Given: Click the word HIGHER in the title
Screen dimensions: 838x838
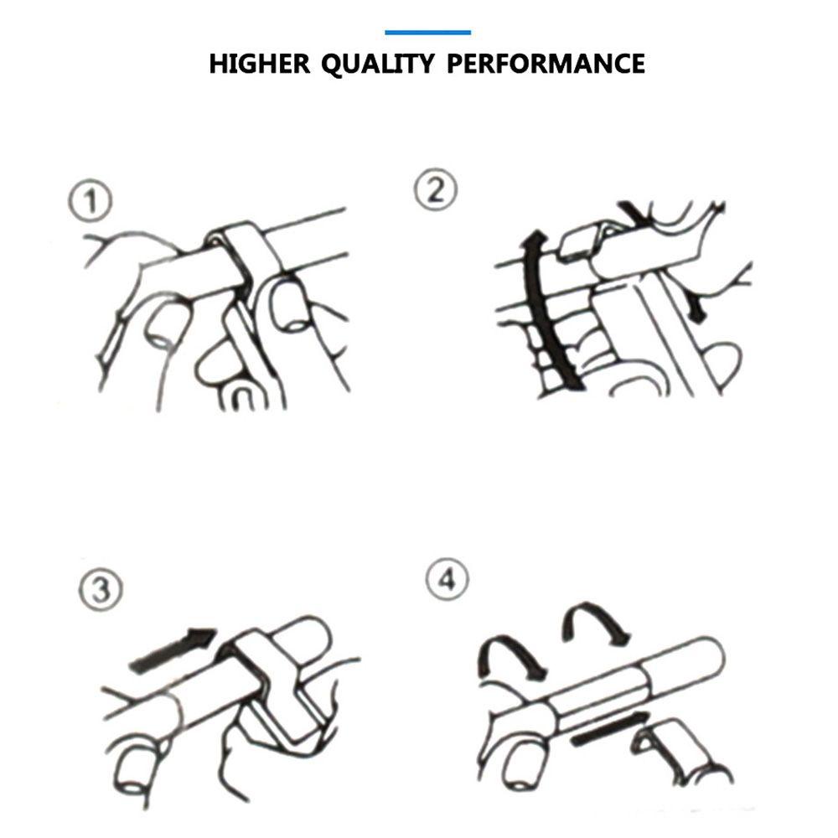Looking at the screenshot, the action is [x=259, y=64].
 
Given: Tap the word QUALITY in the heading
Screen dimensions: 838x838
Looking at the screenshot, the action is [x=377, y=65].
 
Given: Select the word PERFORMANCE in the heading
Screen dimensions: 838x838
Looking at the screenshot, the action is [x=546, y=64].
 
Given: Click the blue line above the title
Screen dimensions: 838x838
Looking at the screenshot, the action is [x=427, y=33].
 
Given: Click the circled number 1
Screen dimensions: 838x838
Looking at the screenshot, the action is [x=91, y=201].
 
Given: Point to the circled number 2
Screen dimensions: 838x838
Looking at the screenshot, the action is [x=436, y=189].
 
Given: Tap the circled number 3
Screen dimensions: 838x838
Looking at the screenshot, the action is [x=101, y=589].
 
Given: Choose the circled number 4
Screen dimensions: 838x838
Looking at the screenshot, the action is [x=447, y=579].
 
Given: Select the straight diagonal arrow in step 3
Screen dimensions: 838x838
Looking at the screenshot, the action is [x=173, y=649].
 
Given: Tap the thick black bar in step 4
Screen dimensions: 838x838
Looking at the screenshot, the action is [x=610, y=730].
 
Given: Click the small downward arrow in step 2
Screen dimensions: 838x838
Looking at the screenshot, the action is [x=696, y=309].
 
